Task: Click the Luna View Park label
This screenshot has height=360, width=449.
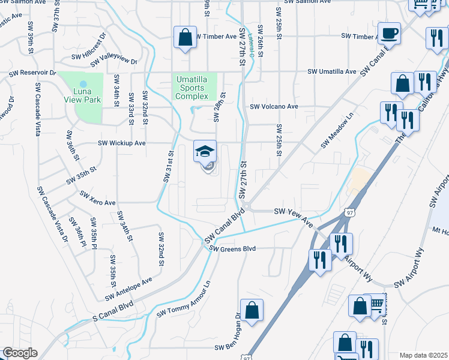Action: (x=83, y=96)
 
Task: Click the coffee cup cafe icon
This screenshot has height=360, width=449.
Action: (x=389, y=34)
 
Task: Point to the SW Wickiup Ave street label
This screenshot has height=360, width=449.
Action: (x=122, y=143)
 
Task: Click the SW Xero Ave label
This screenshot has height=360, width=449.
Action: (x=97, y=199)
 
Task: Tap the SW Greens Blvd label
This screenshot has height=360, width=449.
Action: (x=234, y=248)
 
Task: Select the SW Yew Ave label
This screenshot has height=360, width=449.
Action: (x=294, y=217)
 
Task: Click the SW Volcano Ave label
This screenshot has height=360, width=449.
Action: (x=274, y=107)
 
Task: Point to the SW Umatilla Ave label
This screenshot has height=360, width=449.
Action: (x=332, y=71)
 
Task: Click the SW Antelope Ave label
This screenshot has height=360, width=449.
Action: (x=128, y=289)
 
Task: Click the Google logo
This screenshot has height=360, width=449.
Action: (x=19, y=353)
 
